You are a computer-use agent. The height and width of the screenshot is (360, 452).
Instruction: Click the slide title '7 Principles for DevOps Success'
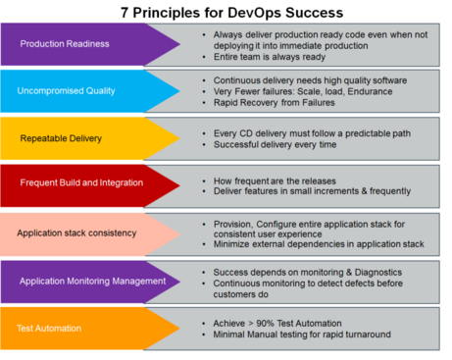(226, 12)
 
